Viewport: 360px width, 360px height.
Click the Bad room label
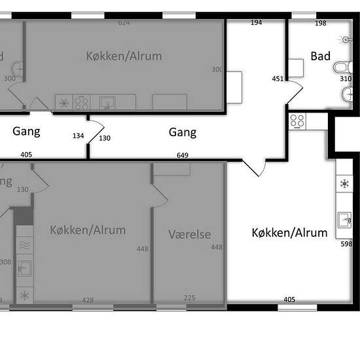coord(321,56)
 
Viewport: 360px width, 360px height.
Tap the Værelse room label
coord(189,234)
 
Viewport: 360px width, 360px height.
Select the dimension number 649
coord(183,155)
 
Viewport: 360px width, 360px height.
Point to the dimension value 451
coord(278,79)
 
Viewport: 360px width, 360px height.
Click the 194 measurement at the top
coord(256,23)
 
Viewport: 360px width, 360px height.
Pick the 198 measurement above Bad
coord(320,23)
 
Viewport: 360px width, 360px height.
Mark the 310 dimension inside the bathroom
coord(346,79)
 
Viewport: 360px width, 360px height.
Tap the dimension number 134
coord(79,136)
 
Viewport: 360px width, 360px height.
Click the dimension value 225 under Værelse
coord(189,298)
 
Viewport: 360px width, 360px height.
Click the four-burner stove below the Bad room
coord(297,120)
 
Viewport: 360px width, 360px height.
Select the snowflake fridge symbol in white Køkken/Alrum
coord(344,184)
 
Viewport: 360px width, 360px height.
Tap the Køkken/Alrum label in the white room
coord(289,232)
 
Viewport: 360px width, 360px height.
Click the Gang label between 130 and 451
coord(183,132)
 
